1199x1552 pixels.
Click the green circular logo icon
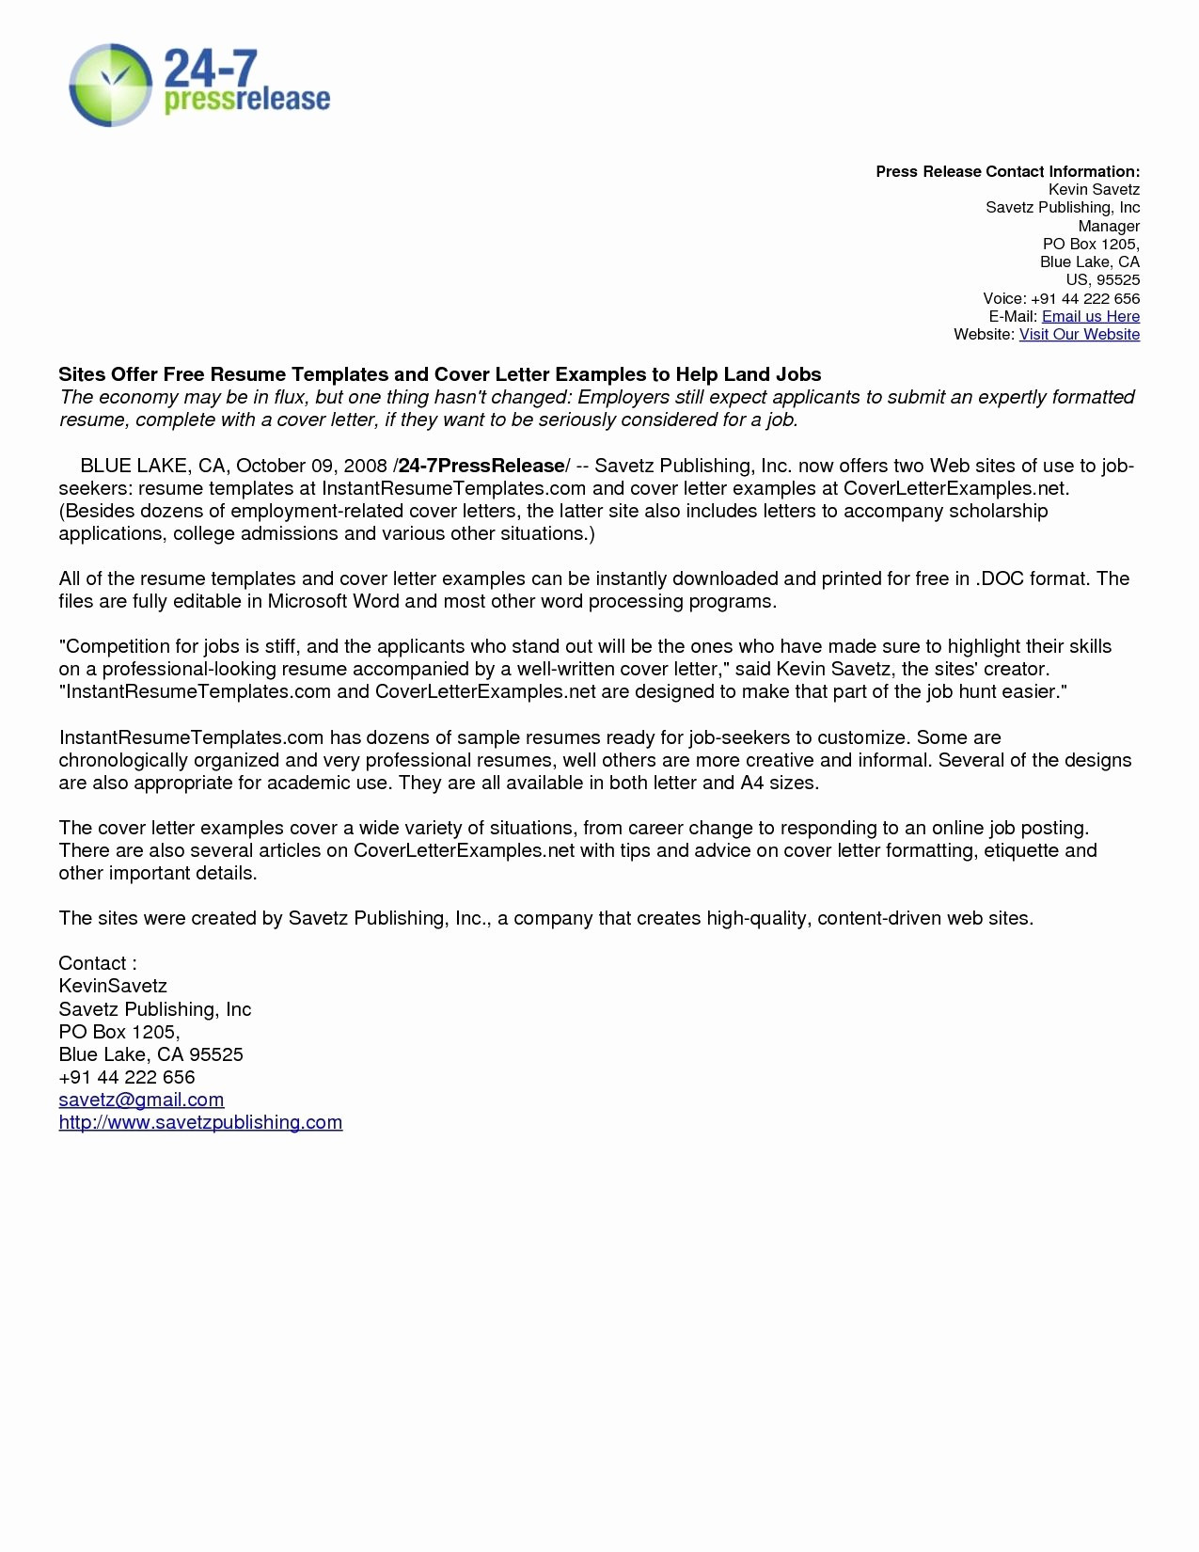(111, 85)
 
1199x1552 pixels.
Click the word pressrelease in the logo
(247, 100)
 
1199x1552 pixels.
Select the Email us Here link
(1090, 317)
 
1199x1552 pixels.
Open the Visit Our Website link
(1079, 335)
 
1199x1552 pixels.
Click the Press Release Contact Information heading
(1007, 171)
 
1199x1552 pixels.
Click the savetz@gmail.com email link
(141, 1100)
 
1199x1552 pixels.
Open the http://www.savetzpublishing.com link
(200, 1122)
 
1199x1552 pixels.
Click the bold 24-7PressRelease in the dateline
(481, 466)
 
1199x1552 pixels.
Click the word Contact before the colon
(91, 963)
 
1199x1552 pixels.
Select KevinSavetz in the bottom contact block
(113, 986)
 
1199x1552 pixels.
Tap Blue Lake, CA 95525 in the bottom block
(150, 1054)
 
